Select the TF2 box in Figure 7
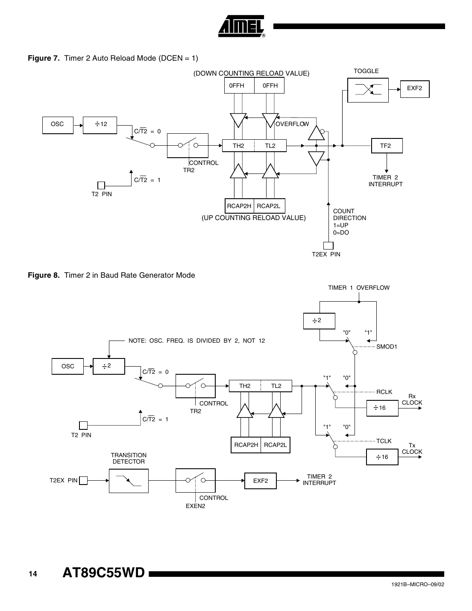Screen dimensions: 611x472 tap(385, 146)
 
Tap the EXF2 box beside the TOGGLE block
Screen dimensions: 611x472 tap(414, 88)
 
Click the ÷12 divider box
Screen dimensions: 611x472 tap(100, 124)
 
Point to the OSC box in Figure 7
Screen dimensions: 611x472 tap(58, 124)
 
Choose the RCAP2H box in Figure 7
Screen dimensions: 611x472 tap(239, 206)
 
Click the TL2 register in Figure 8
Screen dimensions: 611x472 tap(276, 386)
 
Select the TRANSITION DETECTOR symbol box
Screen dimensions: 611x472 tap(129, 481)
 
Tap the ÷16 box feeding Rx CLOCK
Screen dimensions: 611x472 tap(382, 408)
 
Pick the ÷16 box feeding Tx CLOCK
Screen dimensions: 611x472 tap(382, 457)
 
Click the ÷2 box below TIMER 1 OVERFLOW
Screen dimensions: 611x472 tap(319, 321)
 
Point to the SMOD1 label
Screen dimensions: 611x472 tap(387, 347)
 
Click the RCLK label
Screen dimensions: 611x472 tap(384, 392)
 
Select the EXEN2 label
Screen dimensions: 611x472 tap(195, 506)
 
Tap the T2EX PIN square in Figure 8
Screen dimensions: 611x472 tap(84, 481)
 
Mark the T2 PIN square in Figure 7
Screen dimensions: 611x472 tap(101, 185)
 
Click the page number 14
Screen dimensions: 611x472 tap(33, 574)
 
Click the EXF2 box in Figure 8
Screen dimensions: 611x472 tap(261, 481)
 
